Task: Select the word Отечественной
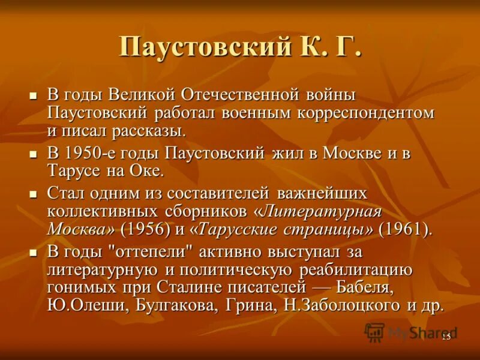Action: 247,95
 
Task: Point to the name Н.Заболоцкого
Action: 338,305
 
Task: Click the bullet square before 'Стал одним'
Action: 34,194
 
